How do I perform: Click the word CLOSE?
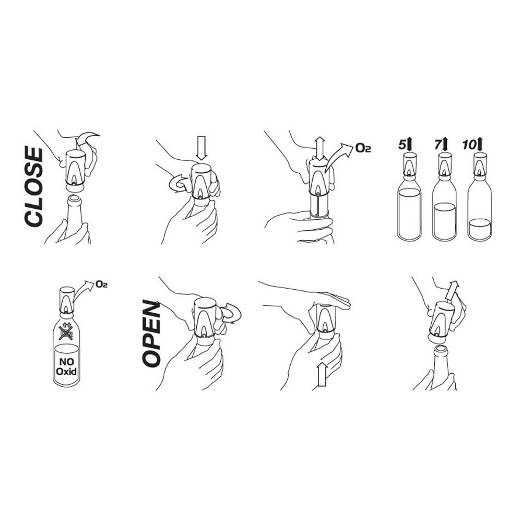(x=33, y=187)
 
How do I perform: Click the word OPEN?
(x=151, y=333)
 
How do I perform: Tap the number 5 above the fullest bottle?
(x=402, y=145)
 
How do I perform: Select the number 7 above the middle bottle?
(x=438, y=145)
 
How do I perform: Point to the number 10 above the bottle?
(x=469, y=145)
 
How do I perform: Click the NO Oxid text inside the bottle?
(x=66, y=366)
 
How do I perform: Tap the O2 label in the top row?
(x=363, y=148)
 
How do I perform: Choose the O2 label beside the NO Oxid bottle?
(x=101, y=284)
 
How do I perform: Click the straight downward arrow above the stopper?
(x=201, y=148)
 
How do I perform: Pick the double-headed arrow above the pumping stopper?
(x=321, y=148)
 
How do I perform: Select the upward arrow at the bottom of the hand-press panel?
(x=322, y=374)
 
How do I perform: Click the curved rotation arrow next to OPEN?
(x=231, y=313)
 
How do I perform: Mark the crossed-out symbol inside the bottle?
(x=66, y=331)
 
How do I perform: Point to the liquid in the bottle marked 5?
(x=409, y=213)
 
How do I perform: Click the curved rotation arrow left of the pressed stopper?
(x=178, y=184)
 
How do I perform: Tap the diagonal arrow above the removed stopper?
(x=452, y=290)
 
